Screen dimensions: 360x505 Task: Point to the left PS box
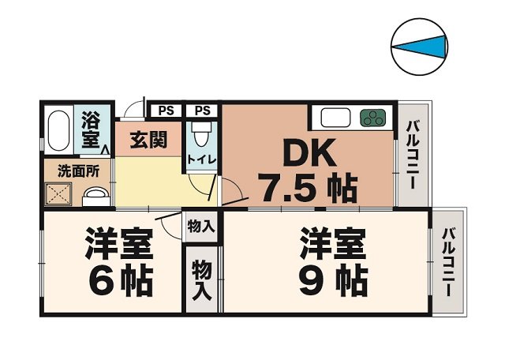165,111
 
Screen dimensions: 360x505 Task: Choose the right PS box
202,111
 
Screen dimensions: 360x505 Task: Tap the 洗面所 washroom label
77,169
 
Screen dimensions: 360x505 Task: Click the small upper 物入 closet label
200,226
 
